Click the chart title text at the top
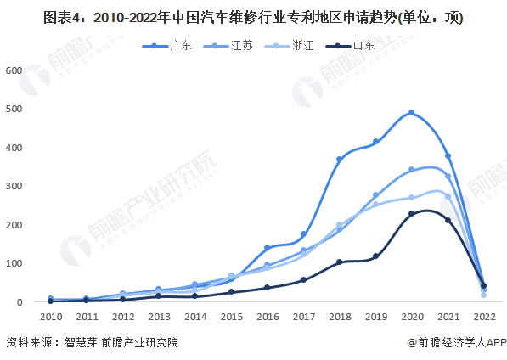253,17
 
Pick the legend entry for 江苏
228,45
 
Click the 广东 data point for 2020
411,113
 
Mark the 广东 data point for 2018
339,160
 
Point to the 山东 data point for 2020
411,214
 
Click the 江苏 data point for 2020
411,170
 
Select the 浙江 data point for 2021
448,197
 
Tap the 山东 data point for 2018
339,262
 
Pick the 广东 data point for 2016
267,248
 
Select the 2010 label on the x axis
50,316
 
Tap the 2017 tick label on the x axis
303,316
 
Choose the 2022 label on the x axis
483,316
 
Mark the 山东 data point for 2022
483,286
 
